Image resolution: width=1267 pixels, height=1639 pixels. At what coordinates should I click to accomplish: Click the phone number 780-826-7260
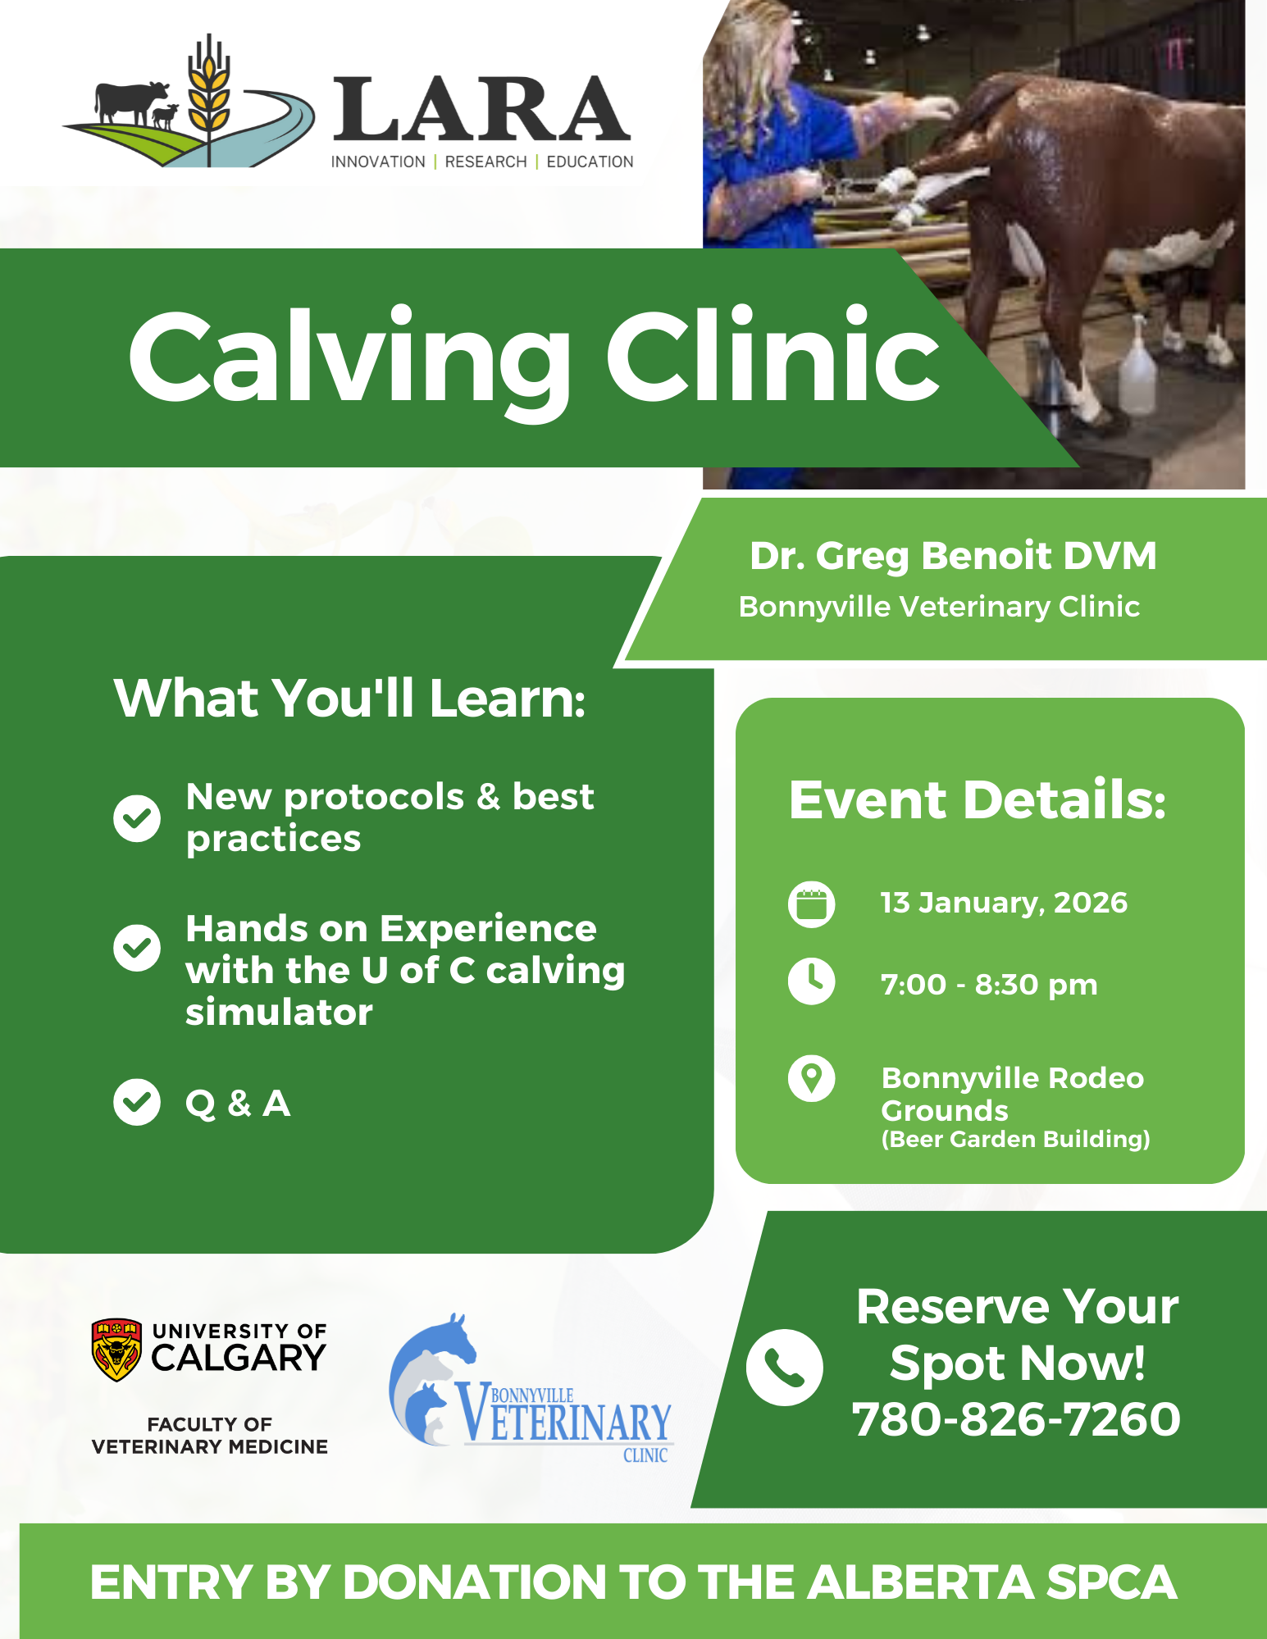[x=1017, y=1419]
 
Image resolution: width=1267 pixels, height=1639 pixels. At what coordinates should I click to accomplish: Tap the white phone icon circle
[x=785, y=1367]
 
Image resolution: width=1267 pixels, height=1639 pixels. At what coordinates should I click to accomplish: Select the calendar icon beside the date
[x=812, y=904]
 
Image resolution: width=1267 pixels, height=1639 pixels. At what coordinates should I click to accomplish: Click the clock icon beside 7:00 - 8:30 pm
[x=812, y=981]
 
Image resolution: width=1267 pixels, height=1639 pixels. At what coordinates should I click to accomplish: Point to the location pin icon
[x=812, y=1078]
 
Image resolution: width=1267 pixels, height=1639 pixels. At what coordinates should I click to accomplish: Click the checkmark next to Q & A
[x=137, y=1102]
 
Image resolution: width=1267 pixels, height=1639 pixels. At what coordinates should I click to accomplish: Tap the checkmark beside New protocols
[x=137, y=817]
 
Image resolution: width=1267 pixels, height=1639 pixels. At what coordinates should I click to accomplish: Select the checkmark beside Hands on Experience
[x=137, y=948]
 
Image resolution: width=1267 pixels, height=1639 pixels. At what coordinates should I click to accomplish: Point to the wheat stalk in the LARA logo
[x=209, y=98]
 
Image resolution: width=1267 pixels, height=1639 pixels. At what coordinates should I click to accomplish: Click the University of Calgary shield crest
[x=116, y=1350]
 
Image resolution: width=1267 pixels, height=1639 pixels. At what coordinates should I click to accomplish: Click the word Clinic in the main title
[x=773, y=357]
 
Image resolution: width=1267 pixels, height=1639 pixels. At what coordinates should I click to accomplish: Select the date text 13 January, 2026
[x=1004, y=903]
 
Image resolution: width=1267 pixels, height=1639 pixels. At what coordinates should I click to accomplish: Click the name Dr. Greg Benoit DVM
[x=953, y=556]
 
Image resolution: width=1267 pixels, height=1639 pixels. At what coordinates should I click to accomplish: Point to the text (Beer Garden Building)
[x=1015, y=1139]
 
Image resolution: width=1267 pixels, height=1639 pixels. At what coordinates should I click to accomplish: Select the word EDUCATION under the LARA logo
[x=590, y=162]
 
